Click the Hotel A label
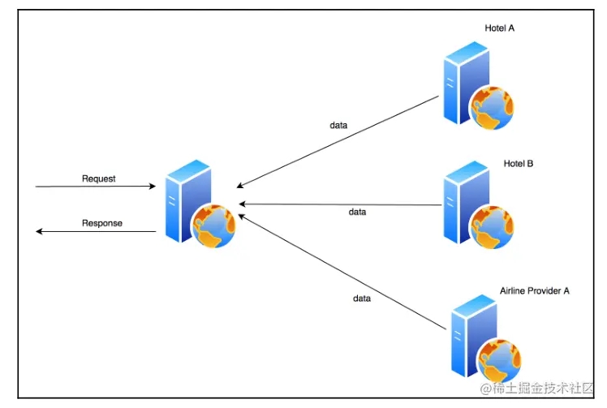[x=500, y=29]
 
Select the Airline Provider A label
[x=535, y=290]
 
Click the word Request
[x=99, y=178]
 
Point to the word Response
[x=102, y=223]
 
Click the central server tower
[x=183, y=199]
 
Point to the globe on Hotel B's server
[x=492, y=226]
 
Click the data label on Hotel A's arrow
[x=338, y=126]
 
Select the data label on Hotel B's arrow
[x=357, y=213]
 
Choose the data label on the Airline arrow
[x=362, y=298]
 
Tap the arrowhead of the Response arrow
[x=39, y=232]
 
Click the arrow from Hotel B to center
[x=341, y=204]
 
